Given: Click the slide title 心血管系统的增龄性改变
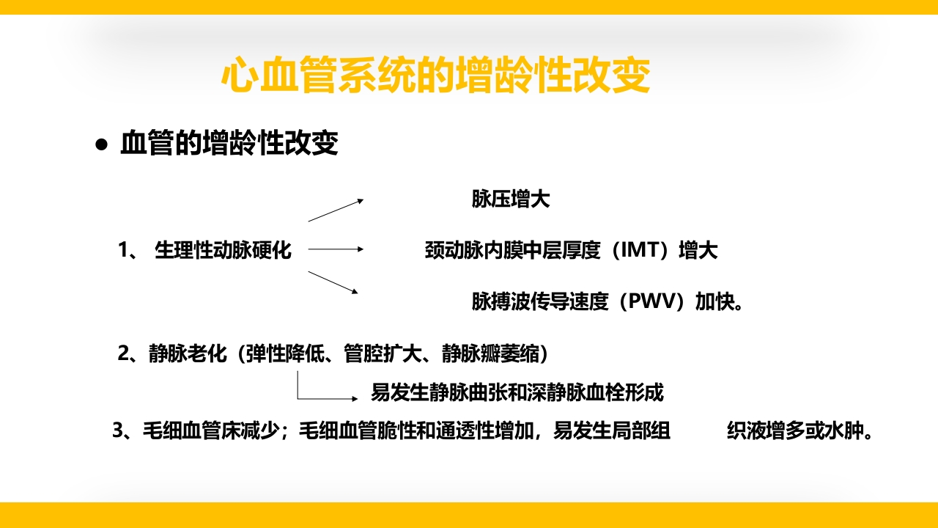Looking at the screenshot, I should click(x=435, y=76).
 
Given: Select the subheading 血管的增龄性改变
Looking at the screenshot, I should click(x=229, y=144).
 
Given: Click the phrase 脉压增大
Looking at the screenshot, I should click(x=511, y=199).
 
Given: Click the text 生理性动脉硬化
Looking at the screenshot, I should click(x=223, y=251).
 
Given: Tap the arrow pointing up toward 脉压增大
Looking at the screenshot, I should click(x=335, y=210).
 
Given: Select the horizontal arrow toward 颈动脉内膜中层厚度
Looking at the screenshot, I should click(x=336, y=249).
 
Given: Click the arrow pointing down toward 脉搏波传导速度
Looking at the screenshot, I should click(x=333, y=282).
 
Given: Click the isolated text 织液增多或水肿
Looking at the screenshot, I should click(x=800, y=431).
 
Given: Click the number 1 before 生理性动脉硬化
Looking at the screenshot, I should click(x=123, y=251).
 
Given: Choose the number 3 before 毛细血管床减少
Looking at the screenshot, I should click(x=117, y=431).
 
